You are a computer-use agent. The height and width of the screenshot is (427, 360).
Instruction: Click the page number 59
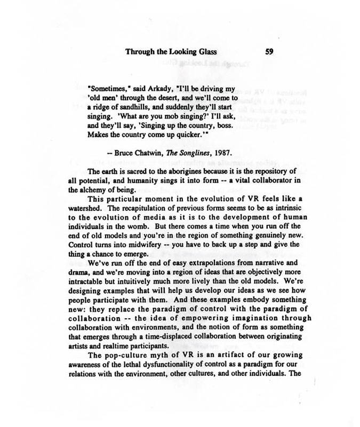tap(269, 52)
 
